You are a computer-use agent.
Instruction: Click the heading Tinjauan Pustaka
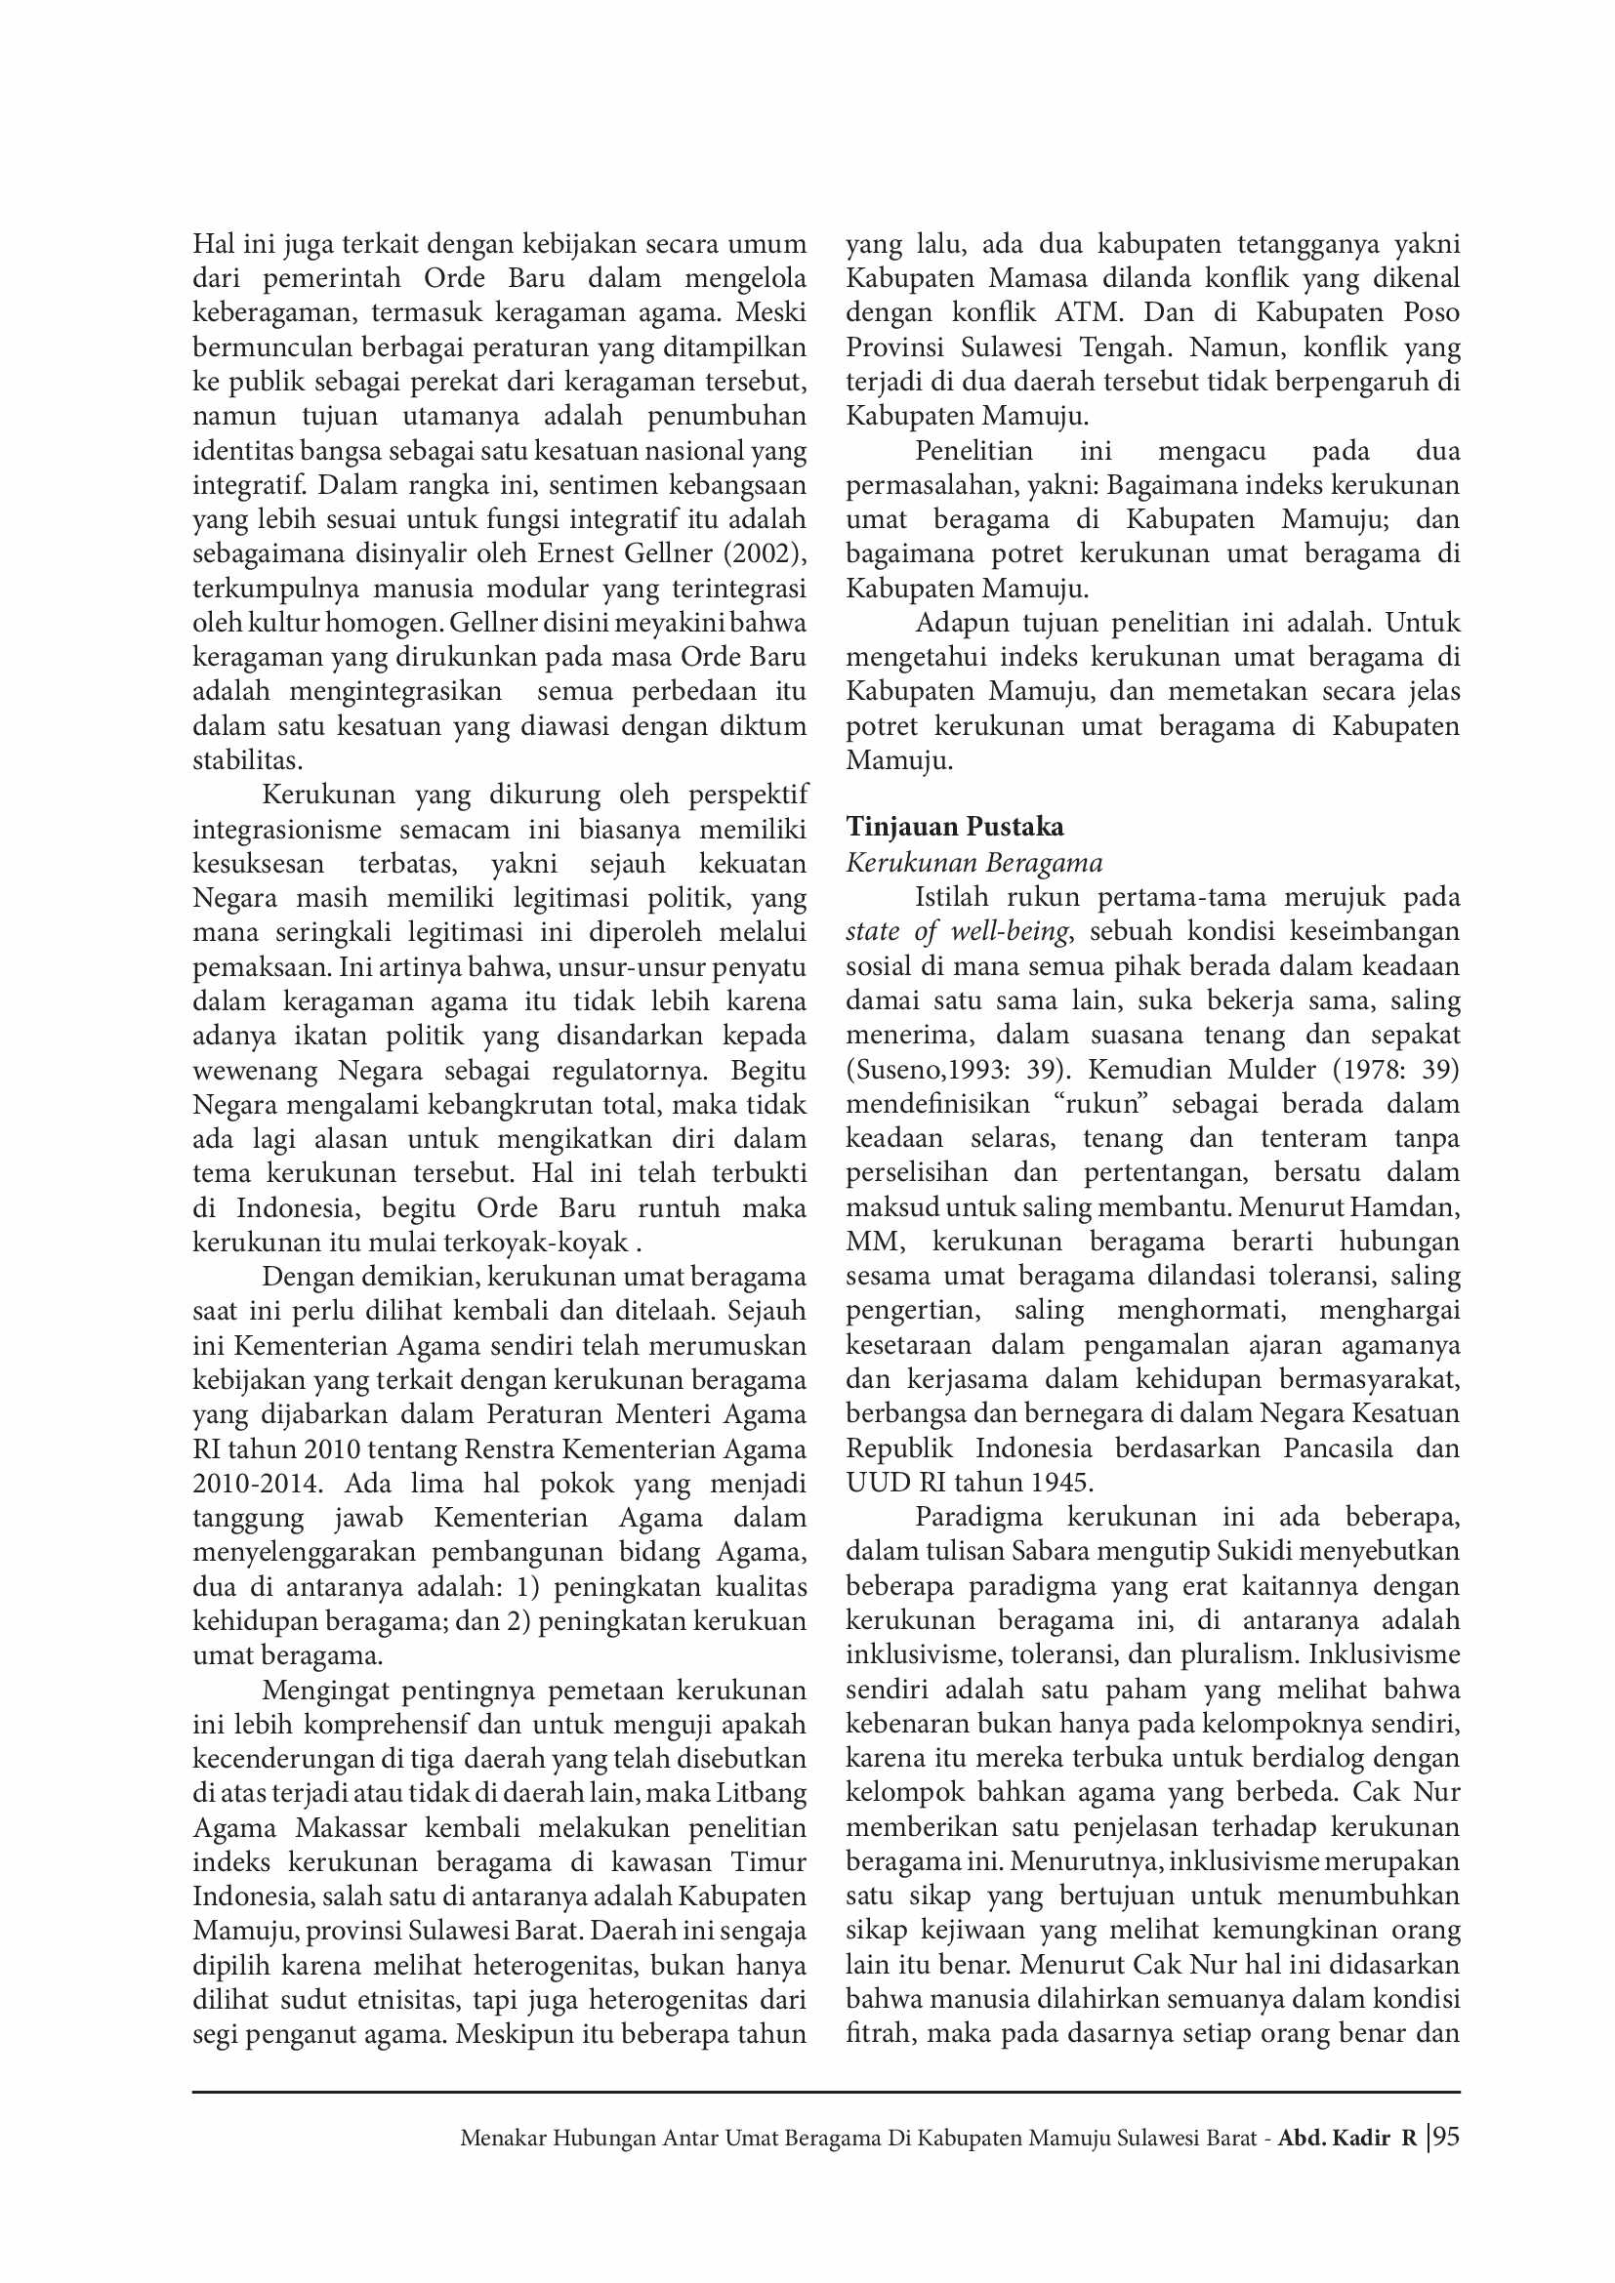pyautogui.click(x=955, y=827)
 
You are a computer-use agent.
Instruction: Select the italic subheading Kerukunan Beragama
pyautogui.click(x=973, y=862)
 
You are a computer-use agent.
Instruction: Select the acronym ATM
pyautogui.click(x=1089, y=312)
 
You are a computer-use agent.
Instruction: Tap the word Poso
pyautogui.click(x=1431, y=312)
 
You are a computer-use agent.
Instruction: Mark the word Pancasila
pyautogui.click(x=1338, y=1447)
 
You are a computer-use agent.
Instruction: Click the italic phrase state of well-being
pyautogui.click(x=958, y=932)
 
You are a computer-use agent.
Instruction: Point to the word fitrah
pyautogui.click(x=878, y=2033)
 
